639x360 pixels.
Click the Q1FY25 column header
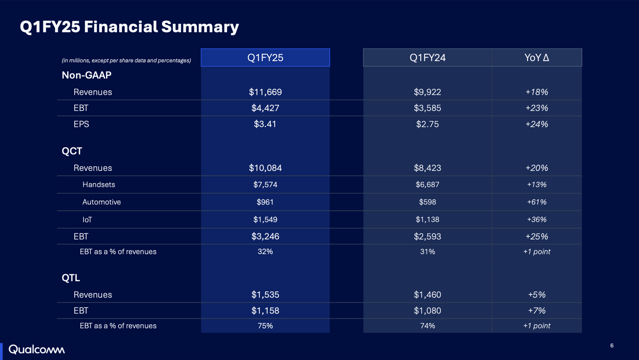click(x=265, y=58)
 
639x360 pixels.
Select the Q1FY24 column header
click(x=427, y=58)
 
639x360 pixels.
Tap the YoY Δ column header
click(x=537, y=58)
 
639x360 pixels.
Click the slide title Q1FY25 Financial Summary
click(x=129, y=27)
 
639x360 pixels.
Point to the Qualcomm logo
click(x=37, y=349)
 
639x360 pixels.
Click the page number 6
click(x=612, y=346)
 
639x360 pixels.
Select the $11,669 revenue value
click(x=265, y=92)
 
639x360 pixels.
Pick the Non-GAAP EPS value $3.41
click(x=265, y=124)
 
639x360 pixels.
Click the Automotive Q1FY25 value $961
click(x=265, y=202)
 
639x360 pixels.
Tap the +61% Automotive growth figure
click(x=537, y=202)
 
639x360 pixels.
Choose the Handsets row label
click(x=99, y=185)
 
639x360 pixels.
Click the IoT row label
click(x=87, y=220)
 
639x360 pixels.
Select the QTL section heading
click(x=71, y=278)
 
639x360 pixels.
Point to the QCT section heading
click(x=72, y=151)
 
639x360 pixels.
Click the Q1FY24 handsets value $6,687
click(x=427, y=185)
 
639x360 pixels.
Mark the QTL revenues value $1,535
click(x=265, y=295)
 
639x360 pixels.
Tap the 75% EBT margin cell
click(x=265, y=325)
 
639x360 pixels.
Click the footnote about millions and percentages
click(x=126, y=60)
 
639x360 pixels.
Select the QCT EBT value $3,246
click(x=265, y=236)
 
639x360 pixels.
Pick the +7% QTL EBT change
click(x=537, y=311)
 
